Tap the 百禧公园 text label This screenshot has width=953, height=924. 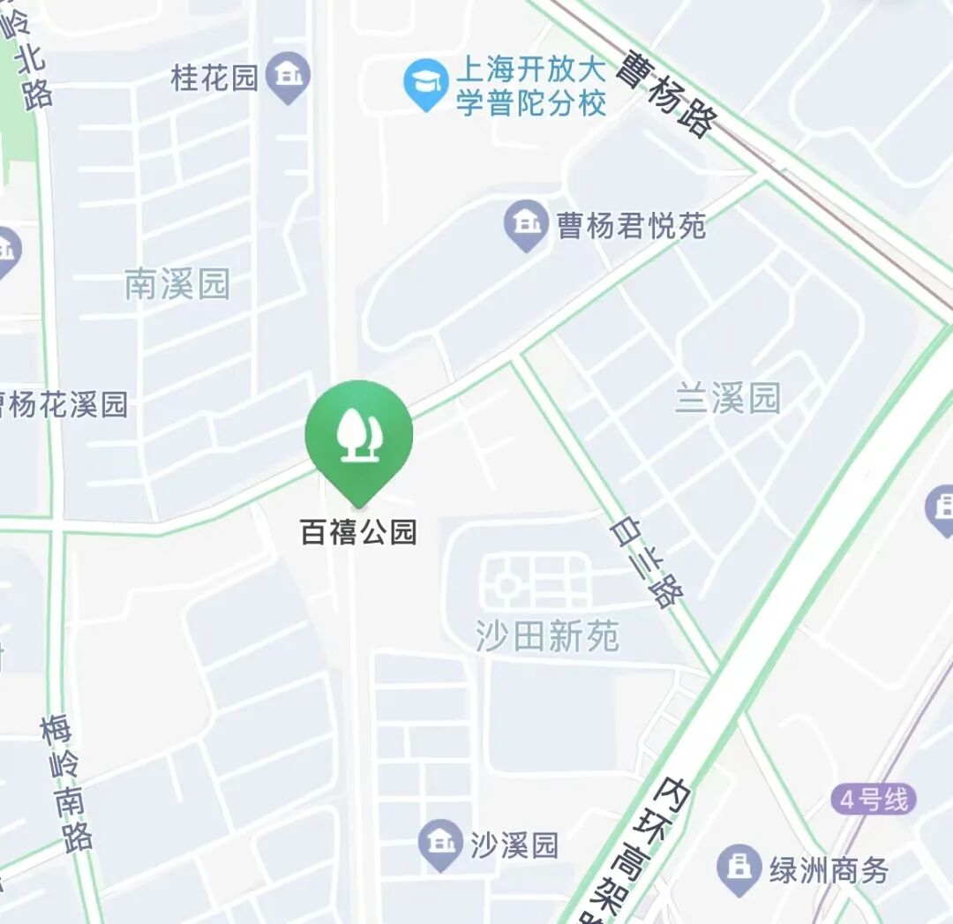coord(358,533)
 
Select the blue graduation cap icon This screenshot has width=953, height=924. coord(426,85)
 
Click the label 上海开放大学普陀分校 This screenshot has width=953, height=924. coord(531,86)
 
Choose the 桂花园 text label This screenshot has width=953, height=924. coord(214,78)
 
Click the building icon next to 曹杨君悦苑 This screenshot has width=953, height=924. coord(527,226)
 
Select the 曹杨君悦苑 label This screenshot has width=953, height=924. coord(631,227)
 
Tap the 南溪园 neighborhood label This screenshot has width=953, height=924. coord(176,285)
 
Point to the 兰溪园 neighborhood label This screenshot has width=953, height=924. coord(727,398)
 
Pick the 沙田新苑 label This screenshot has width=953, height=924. coord(547,635)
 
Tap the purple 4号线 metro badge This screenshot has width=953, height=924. coord(873,800)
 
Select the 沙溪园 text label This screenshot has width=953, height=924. coord(514,845)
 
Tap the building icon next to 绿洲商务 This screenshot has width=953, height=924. coord(738,868)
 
